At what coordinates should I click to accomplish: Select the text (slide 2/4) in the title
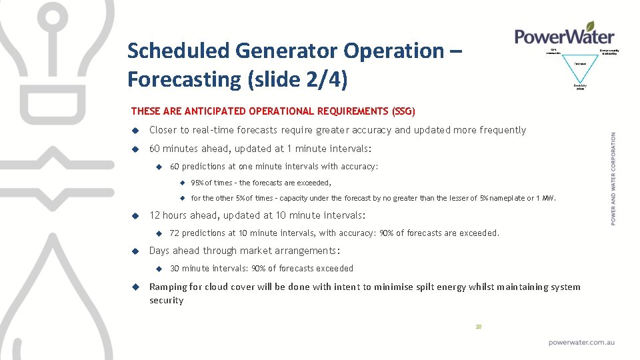point(297,79)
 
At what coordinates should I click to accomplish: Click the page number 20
point(478,327)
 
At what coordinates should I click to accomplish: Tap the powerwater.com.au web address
point(581,342)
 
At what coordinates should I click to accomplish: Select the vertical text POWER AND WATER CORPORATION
point(613,178)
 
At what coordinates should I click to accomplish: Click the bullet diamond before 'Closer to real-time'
point(134,131)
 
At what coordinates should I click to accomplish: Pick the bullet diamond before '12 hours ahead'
point(134,216)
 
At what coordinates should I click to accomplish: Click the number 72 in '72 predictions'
point(175,233)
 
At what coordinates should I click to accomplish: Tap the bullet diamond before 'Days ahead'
point(134,251)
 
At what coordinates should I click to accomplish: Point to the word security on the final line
point(166,301)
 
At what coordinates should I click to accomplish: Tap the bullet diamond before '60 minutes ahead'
point(134,149)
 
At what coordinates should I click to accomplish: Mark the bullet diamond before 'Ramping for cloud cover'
point(134,287)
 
